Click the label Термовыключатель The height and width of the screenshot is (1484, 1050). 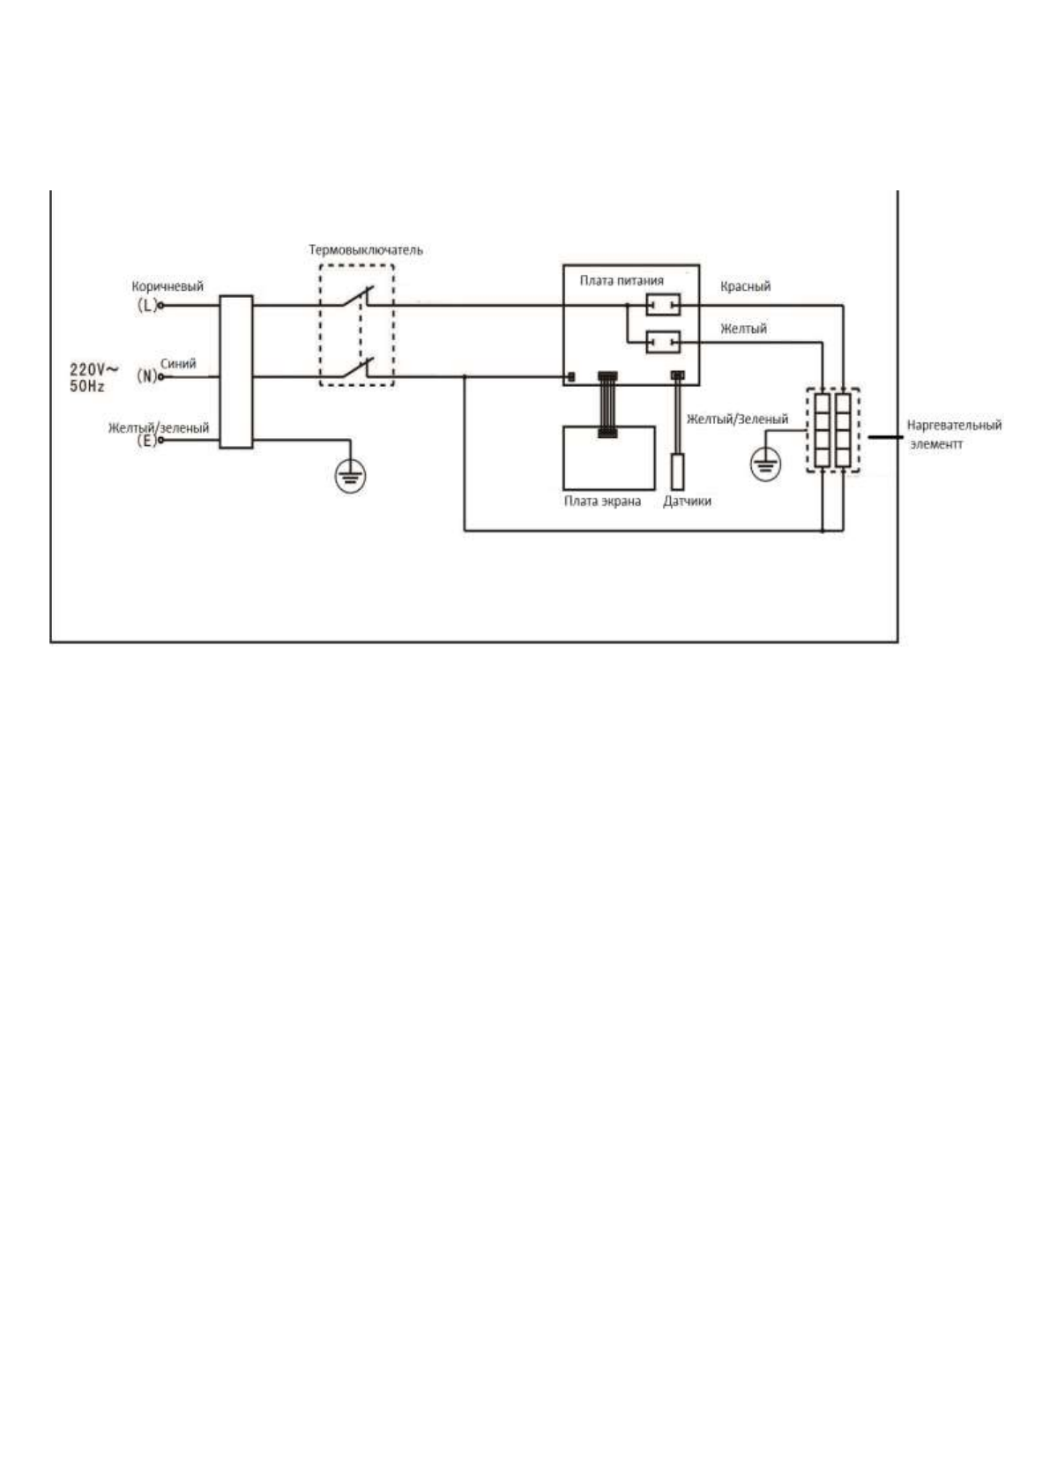click(x=365, y=250)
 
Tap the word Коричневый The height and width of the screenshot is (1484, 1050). click(x=168, y=286)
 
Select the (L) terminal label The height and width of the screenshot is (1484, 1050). click(x=146, y=305)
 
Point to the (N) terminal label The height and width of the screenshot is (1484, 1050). click(x=146, y=376)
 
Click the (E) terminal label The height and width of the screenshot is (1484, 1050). click(x=146, y=441)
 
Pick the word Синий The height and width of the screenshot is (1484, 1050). click(x=178, y=363)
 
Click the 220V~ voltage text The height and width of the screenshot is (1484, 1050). click(x=94, y=370)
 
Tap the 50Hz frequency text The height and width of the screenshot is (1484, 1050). click(x=87, y=386)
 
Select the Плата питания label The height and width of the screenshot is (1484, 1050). click(x=622, y=280)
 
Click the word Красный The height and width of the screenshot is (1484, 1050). click(x=745, y=286)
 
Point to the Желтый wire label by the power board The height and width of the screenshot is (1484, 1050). click(x=743, y=329)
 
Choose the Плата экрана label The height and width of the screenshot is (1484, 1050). click(x=602, y=501)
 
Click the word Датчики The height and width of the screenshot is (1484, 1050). click(x=687, y=501)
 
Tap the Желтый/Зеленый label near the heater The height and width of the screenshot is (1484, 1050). click(x=737, y=419)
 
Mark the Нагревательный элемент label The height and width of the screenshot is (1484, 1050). click(x=953, y=434)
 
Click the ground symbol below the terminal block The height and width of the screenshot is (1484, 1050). click(x=350, y=477)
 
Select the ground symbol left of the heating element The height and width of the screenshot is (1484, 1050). click(x=764, y=464)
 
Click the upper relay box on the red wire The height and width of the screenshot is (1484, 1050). click(x=663, y=305)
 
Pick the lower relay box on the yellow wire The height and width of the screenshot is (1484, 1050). click(x=663, y=341)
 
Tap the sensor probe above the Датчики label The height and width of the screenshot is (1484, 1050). click(x=677, y=471)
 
